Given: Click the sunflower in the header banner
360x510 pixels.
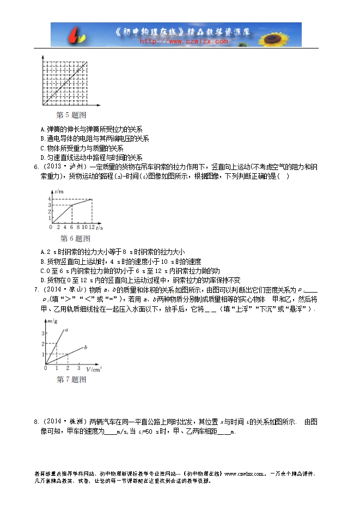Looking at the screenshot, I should click(x=284, y=34).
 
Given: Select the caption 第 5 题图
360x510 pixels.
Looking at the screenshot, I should click(x=71, y=116).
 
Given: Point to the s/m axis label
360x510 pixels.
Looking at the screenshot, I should click(x=59, y=191).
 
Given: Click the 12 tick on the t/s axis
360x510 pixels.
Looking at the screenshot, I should click(x=92, y=227).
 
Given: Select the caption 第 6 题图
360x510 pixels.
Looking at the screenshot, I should click(x=75, y=239).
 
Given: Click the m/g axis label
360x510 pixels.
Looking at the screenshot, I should click(x=53, y=324).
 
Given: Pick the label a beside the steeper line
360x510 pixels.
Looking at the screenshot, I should click(x=66, y=330).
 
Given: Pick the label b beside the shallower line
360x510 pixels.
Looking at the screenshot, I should click(x=86, y=347).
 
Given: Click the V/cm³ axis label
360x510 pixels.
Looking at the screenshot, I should click(x=94, y=369).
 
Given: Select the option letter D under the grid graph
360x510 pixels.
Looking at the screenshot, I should click(x=42, y=157).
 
